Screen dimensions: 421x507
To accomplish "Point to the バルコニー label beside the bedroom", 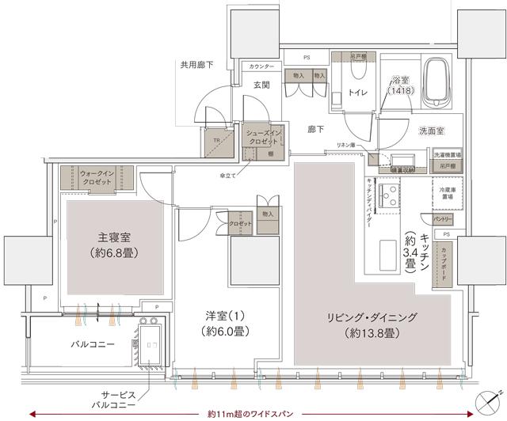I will pyautogui.click(x=94, y=345).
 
